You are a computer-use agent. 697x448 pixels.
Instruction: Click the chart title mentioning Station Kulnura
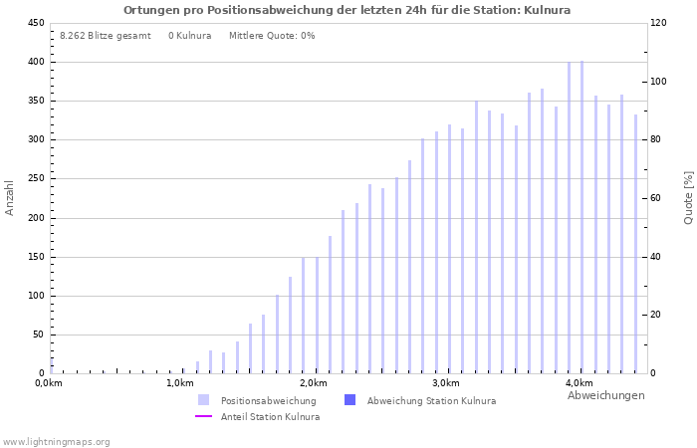tap(347, 10)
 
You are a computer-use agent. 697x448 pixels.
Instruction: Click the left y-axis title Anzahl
tap(10, 197)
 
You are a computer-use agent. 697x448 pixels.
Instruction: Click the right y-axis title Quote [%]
tap(688, 197)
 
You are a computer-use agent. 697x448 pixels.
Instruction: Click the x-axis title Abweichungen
tap(605, 395)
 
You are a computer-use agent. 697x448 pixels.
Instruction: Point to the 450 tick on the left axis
tap(35, 23)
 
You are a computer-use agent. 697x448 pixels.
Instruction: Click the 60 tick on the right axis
tap(658, 198)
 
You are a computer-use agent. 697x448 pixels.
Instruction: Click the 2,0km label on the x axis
tap(313, 383)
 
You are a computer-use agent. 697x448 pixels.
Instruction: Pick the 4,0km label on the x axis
tap(579, 383)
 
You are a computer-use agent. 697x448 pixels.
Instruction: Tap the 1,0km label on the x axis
tap(179, 383)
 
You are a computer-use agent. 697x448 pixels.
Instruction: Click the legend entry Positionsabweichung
tap(268, 401)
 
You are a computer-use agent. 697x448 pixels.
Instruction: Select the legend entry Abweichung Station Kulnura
tap(431, 401)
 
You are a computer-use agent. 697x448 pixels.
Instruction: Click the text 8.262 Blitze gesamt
tap(106, 36)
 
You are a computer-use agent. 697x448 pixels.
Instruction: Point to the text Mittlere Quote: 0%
tap(272, 36)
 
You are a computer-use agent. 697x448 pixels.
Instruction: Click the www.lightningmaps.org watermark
tap(57, 441)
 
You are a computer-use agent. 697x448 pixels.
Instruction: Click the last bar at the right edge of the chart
tap(635, 244)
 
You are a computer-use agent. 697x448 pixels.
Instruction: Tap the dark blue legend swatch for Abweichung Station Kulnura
tap(349, 400)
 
